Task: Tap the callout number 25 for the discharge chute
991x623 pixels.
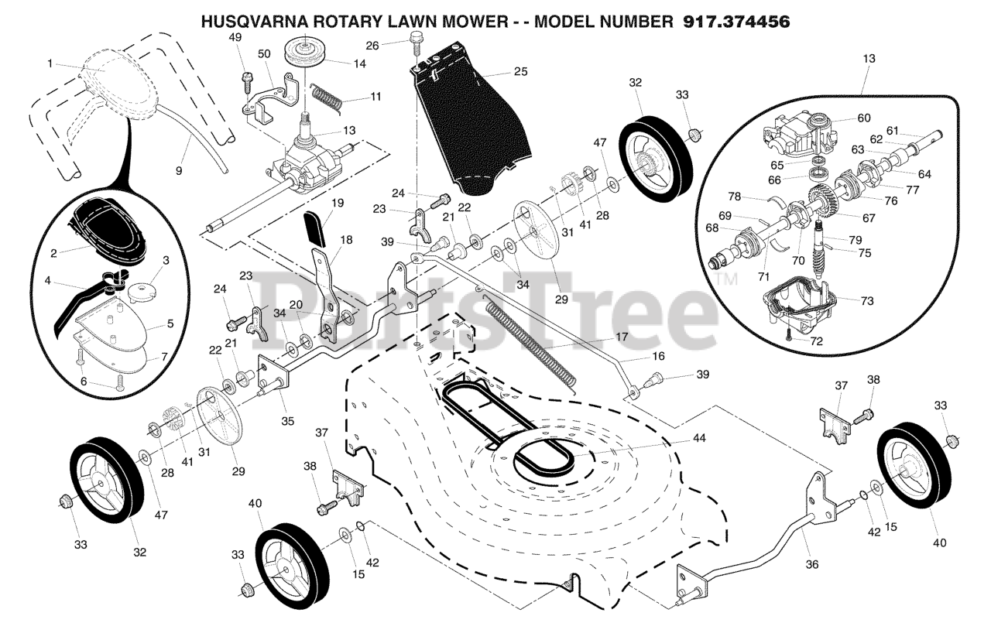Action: (x=520, y=72)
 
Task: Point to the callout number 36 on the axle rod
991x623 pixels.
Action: (x=811, y=565)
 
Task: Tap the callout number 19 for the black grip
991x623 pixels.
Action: (x=338, y=204)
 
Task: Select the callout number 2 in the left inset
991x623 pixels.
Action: (x=53, y=252)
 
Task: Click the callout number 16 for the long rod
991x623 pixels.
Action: (x=657, y=358)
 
